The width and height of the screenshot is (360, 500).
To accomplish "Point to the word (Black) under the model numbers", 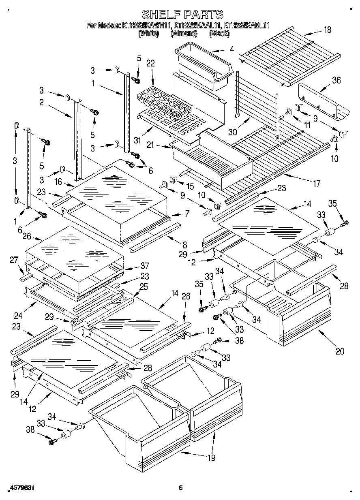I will [x=219, y=34].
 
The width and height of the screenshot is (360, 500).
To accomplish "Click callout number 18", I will [x=327, y=29].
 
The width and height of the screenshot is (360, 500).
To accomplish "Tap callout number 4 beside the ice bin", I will [x=231, y=49].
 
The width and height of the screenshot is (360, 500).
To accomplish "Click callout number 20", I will [x=340, y=351].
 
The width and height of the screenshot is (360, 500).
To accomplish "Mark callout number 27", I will [x=14, y=260].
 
